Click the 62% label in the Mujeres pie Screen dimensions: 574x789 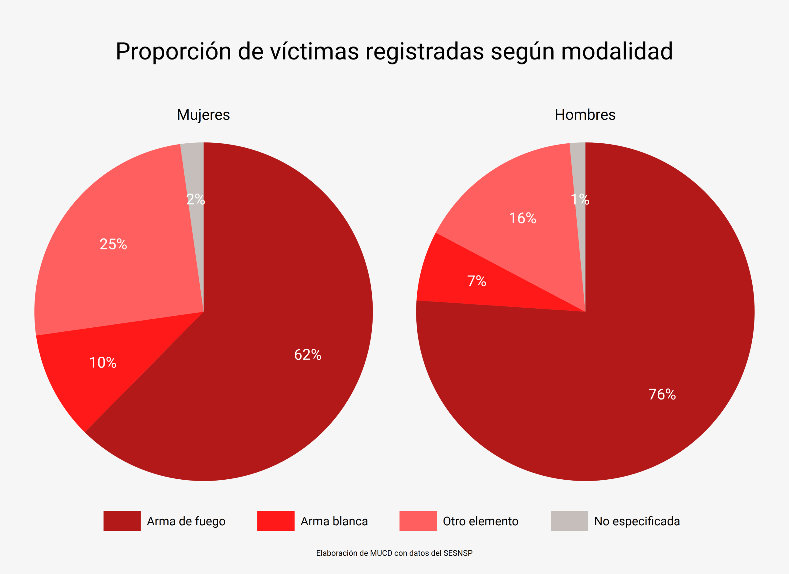308,355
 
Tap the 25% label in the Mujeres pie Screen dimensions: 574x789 113,244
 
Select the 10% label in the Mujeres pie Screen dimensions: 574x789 103,363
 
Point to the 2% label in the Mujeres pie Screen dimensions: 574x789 195,199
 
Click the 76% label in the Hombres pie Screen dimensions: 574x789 662,395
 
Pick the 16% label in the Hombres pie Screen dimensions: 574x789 522,219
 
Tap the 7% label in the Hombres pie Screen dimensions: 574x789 476,281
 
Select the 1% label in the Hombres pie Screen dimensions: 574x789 580,199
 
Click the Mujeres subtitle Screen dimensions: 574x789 203,115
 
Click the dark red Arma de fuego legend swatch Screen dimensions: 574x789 122,521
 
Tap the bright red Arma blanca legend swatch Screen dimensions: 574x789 276,521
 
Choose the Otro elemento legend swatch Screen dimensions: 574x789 418,521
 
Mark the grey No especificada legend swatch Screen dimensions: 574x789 569,521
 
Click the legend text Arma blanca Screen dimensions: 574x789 334,521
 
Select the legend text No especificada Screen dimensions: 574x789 637,521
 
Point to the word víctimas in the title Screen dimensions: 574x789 314,51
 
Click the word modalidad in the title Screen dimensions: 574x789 617,51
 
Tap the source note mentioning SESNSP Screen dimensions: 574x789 394,553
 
